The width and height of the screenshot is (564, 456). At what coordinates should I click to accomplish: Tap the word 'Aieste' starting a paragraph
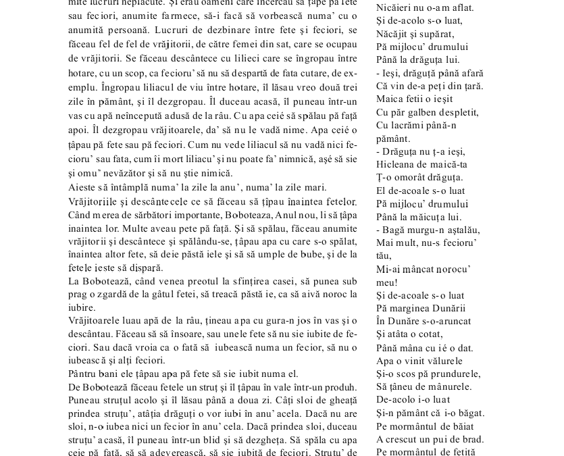(x=82, y=188)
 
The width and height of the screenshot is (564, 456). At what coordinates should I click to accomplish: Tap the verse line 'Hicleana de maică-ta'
(x=421, y=165)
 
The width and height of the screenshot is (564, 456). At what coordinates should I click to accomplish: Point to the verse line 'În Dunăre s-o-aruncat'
(x=424, y=322)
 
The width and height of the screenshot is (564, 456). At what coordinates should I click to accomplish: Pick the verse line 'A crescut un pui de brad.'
(x=430, y=439)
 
